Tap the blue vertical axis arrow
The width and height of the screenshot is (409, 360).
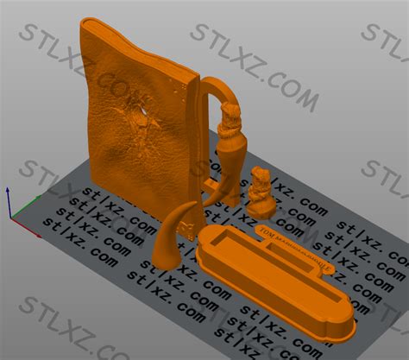click(x=8, y=194)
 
